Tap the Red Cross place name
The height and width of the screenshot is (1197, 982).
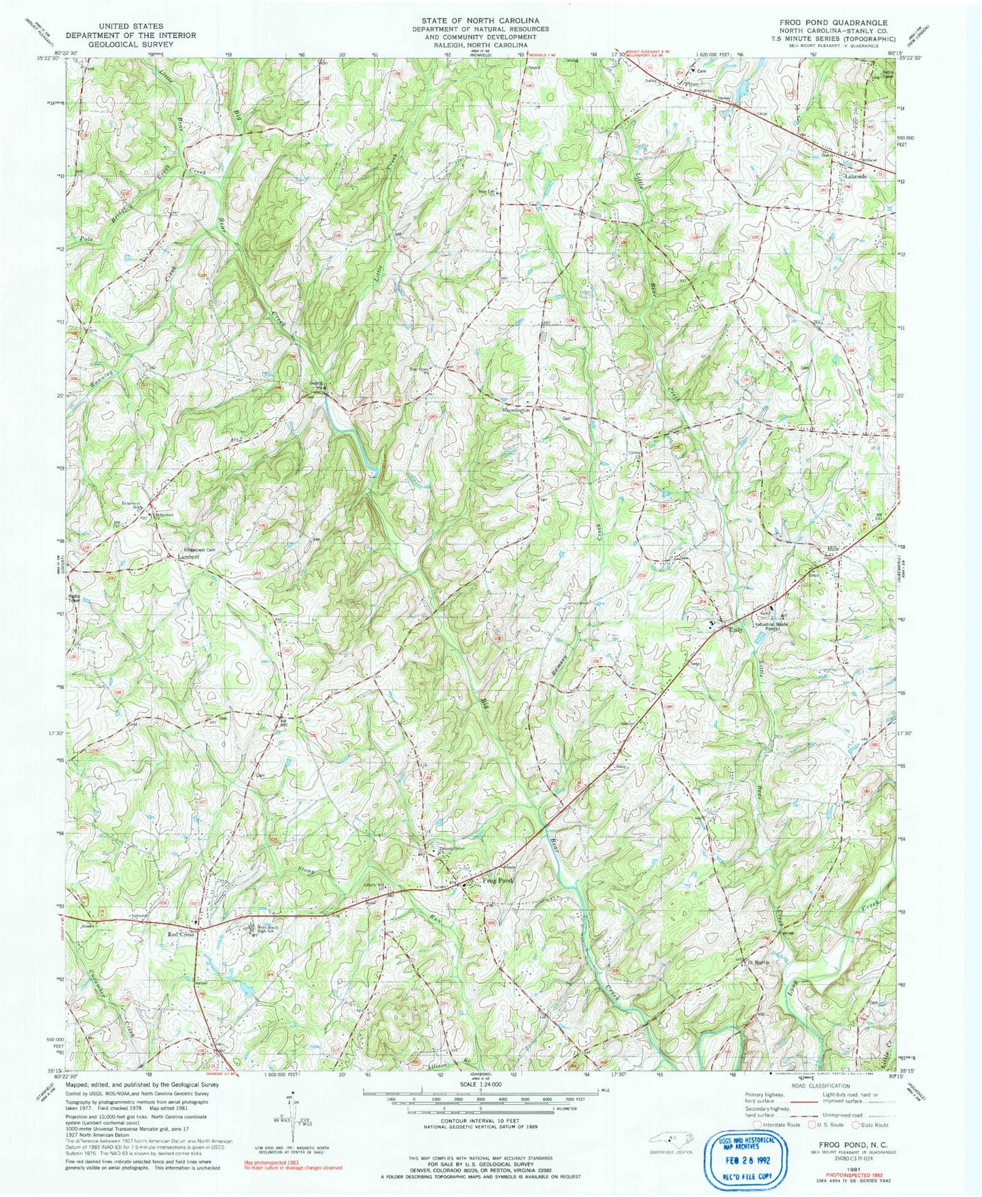181,935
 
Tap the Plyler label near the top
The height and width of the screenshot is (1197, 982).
692,84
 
